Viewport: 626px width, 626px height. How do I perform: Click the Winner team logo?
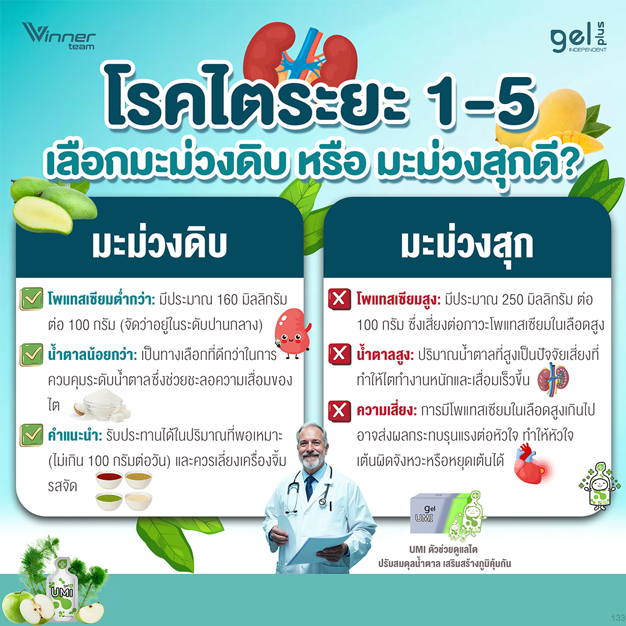pos(59,36)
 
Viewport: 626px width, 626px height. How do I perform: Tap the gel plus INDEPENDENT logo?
pos(578,38)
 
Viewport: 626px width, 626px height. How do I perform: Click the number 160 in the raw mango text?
pos(227,299)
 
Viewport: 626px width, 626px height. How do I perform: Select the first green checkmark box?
pos(31,298)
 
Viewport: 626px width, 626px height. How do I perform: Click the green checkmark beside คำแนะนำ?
pos(31,435)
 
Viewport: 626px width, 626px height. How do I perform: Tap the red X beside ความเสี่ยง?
pos(339,411)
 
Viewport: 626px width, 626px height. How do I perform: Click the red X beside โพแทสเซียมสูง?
pos(339,299)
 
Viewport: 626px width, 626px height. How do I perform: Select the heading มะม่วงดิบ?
pos(160,244)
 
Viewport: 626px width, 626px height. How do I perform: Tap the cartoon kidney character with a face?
pos(292,332)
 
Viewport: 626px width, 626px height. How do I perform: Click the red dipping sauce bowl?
pos(108,479)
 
